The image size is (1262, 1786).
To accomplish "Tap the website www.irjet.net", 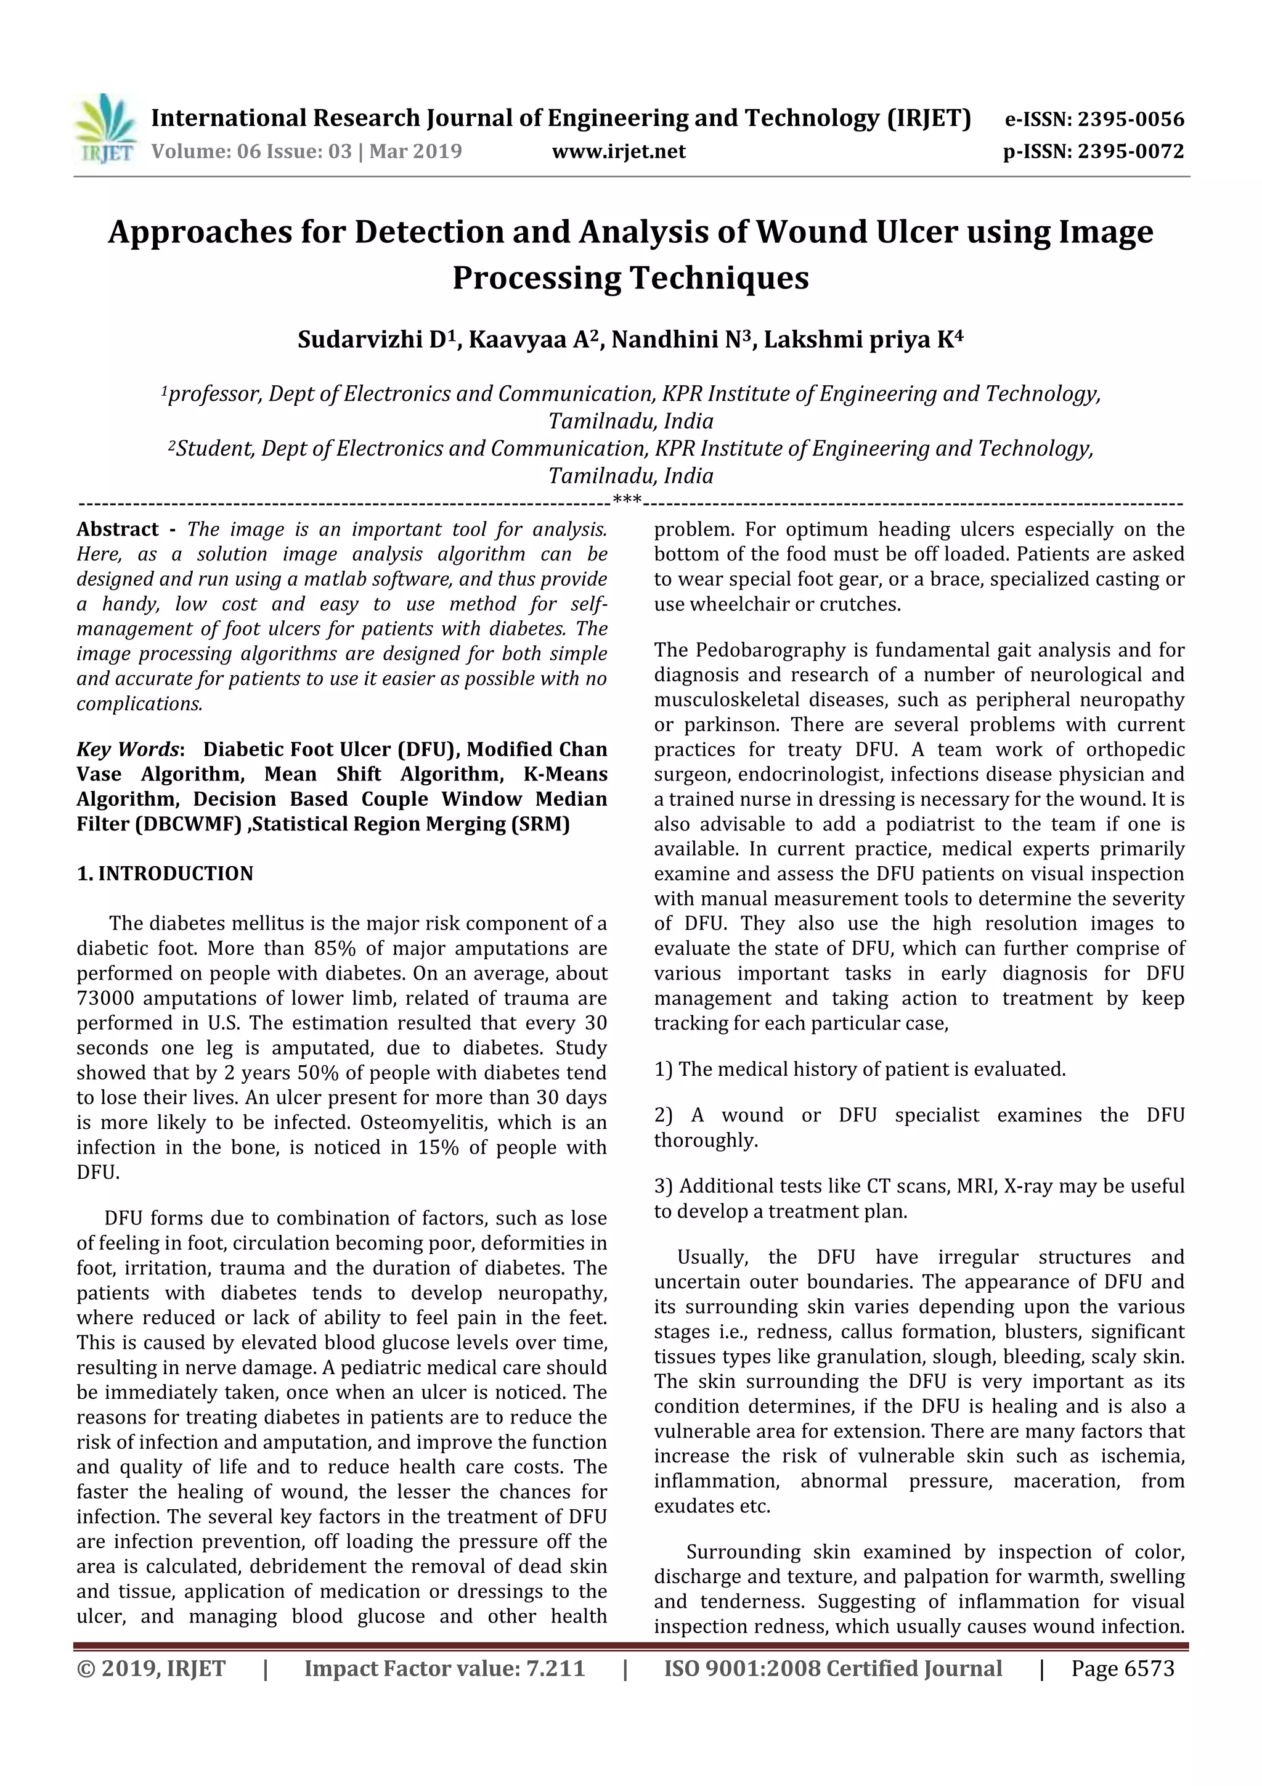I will tap(618, 151).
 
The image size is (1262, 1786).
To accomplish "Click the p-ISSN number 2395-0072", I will tap(1130, 151).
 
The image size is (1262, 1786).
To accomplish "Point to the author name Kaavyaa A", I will tap(532, 340).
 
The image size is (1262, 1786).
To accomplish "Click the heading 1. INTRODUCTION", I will tap(165, 874).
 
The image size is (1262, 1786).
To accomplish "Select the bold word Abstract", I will tap(118, 530).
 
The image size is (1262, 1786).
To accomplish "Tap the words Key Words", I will tap(128, 749).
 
